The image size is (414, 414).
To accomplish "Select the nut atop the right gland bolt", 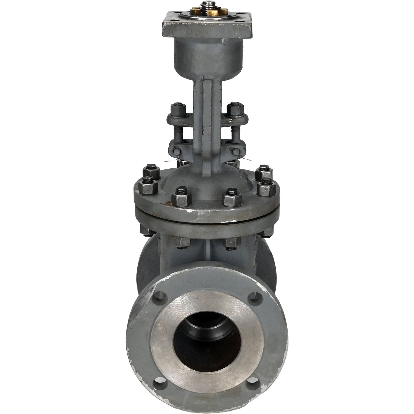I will point(234,108).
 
